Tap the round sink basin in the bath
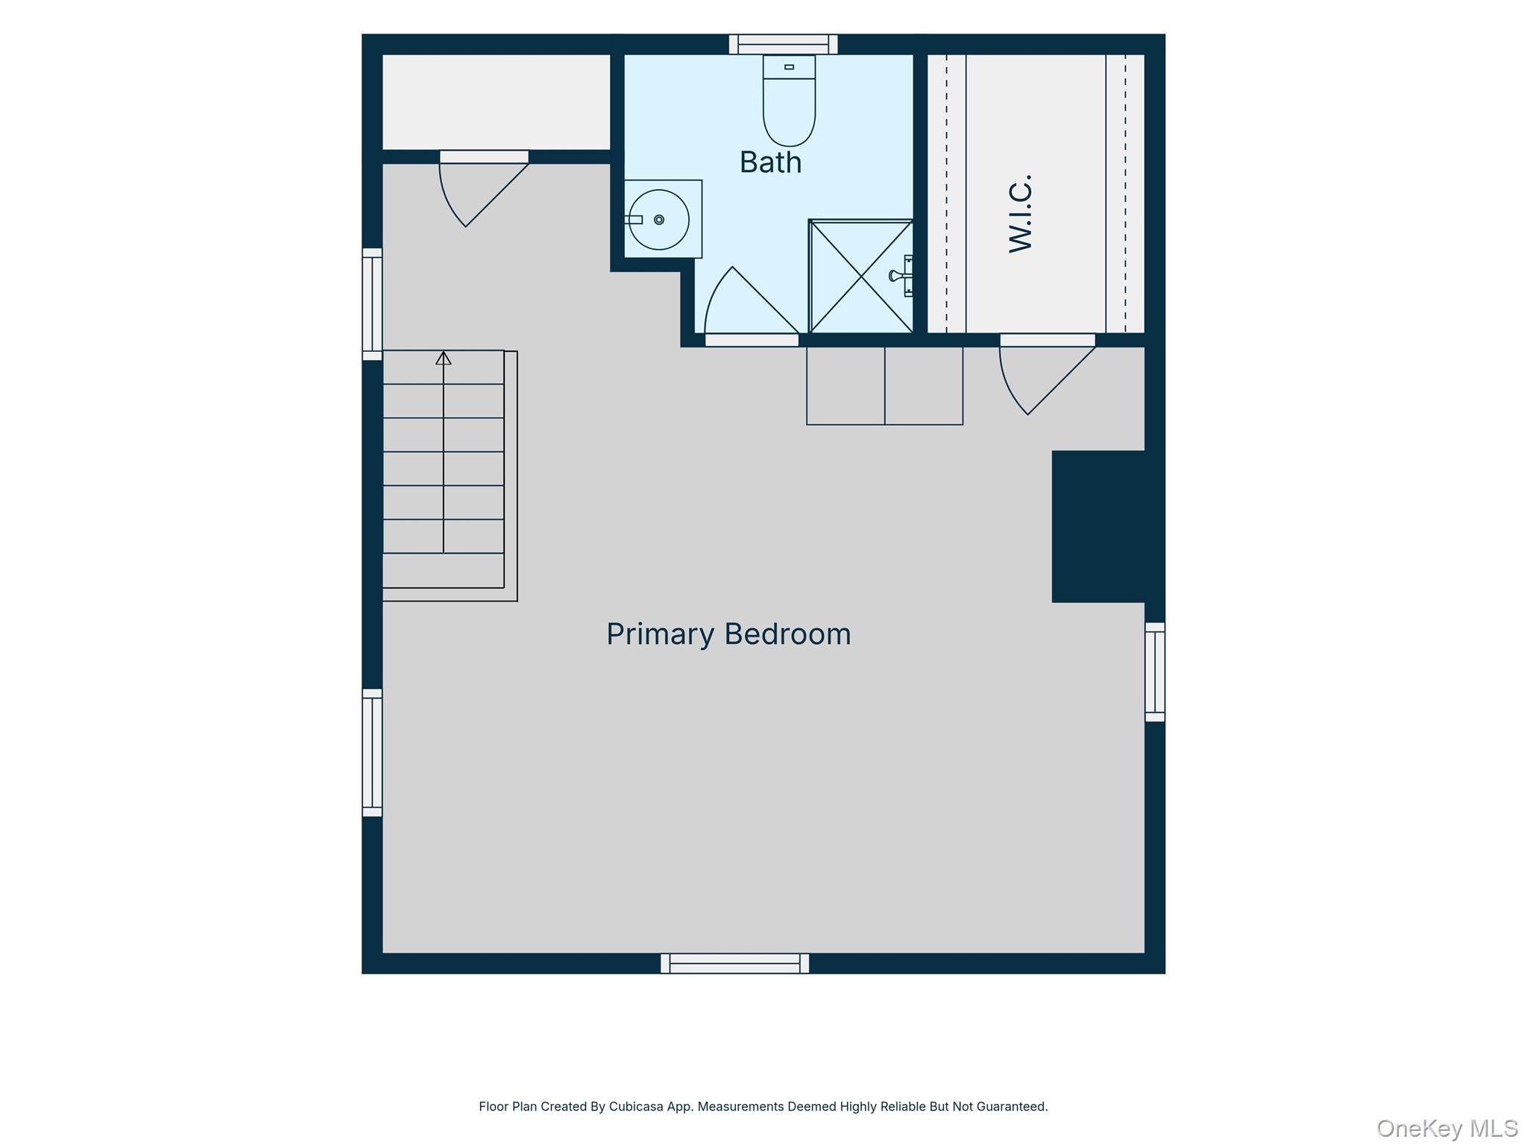pos(658,220)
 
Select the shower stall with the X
pos(861,276)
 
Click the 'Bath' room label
pos(770,163)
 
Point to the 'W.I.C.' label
pos(1020,214)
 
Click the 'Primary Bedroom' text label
pos(728,634)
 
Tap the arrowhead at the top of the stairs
pos(444,358)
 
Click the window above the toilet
pos(783,44)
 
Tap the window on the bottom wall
pos(734,963)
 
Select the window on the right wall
pos(1155,672)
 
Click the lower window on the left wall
pos(372,752)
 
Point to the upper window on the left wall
pos(372,304)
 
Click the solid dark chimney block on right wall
pos(1098,526)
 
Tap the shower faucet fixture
pos(901,276)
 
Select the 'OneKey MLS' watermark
pos(1447,1128)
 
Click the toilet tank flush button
pos(789,67)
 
